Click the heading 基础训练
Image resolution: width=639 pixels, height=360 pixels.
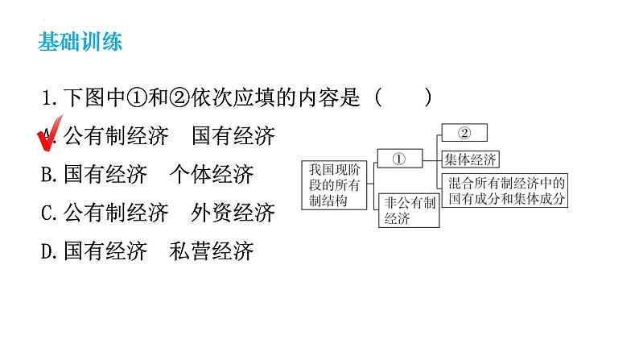point(80,42)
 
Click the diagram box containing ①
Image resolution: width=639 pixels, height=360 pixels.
point(400,159)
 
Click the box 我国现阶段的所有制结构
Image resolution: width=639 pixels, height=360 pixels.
point(328,185)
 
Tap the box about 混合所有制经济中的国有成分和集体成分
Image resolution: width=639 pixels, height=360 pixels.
point(508,189)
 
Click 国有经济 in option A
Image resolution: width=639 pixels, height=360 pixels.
point(233,136)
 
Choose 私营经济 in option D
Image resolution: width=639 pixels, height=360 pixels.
point(212,251)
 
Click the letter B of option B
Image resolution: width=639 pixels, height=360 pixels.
point(47,175)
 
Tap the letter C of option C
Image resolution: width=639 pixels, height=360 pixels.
point(47,213)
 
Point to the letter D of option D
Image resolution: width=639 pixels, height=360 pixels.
point(47,251)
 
